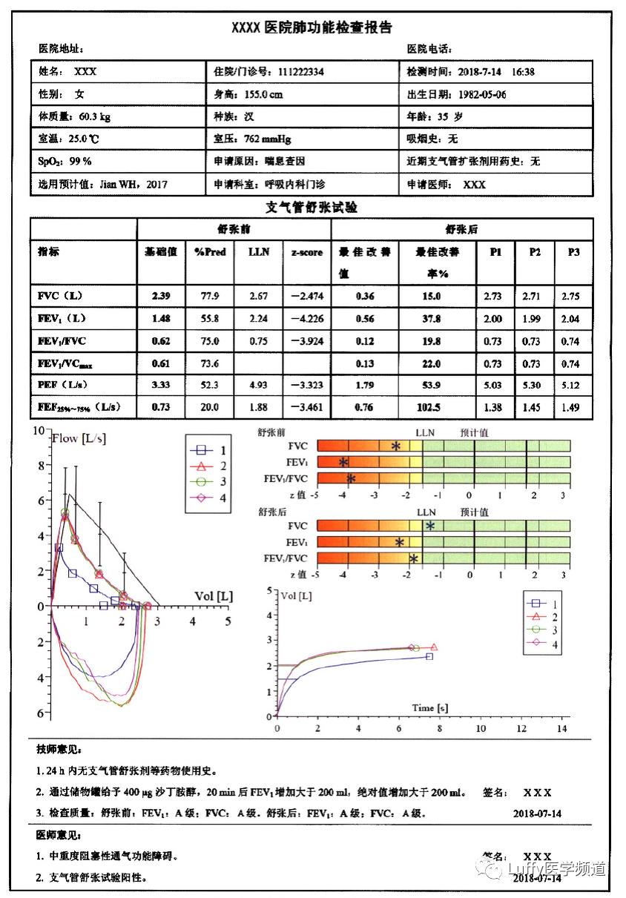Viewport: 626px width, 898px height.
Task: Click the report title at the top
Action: [312, 28]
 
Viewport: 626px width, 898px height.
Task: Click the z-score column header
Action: [306, 252]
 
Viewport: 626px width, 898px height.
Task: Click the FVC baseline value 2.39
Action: [161, 296]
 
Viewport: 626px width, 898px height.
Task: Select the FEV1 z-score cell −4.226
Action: [306, 319]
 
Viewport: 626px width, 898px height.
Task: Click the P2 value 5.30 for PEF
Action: [535, 386]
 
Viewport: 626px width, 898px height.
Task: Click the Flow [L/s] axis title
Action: [79, 438]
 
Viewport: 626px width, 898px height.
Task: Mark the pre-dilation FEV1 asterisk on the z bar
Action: [343, 462]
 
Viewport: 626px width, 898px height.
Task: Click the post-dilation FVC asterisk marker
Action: [429, 526]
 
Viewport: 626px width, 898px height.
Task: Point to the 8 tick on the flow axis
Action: [41, 466]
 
